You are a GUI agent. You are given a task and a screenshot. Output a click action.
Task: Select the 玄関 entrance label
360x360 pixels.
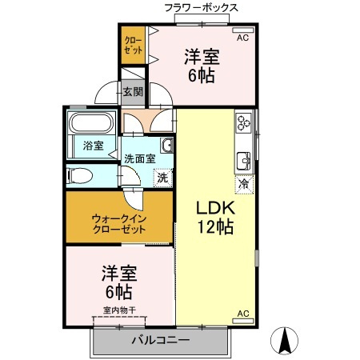coord(133,92)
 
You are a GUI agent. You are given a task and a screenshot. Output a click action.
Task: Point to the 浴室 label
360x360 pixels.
coord(93,145)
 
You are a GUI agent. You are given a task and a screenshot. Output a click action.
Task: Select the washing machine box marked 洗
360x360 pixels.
coord(162,177)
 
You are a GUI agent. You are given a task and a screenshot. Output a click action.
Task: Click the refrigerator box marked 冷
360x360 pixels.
coord(243,183)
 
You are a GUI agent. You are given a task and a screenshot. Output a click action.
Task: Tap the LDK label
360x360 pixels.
coord(215,206)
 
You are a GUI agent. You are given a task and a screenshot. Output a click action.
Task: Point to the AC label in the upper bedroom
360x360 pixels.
coord(242,37)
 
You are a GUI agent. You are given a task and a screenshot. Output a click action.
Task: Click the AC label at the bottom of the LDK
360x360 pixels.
coord(243,313)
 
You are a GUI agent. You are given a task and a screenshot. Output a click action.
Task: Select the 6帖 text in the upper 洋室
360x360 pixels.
coord(203,76)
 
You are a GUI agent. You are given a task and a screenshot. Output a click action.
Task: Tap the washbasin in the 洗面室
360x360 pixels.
coord(167,145)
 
